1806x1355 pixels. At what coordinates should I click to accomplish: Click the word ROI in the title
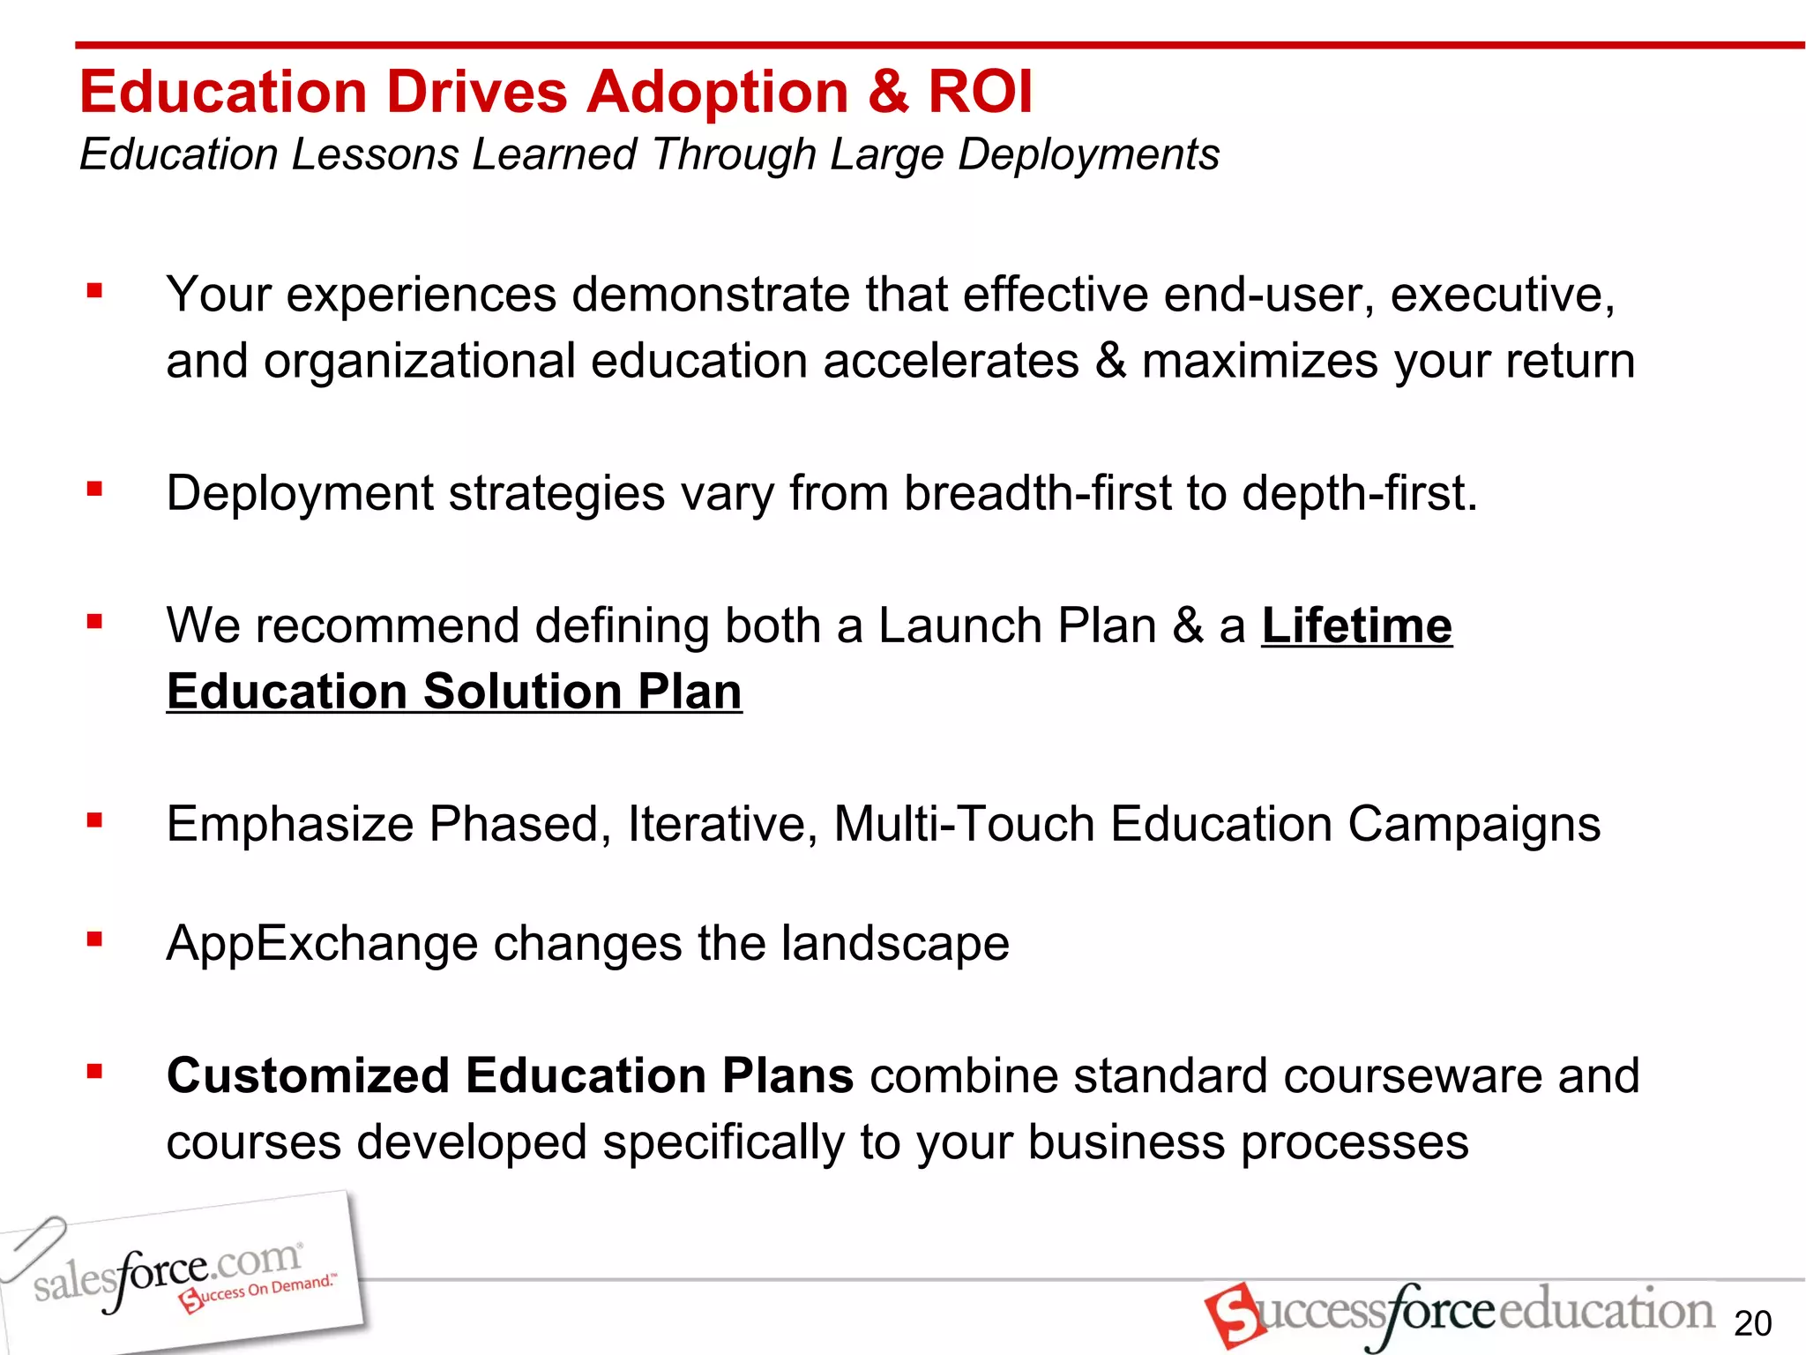pyautogui.click(x=979, y=93)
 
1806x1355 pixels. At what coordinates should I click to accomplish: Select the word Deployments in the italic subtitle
pyautogui.click(x=1088, y=154)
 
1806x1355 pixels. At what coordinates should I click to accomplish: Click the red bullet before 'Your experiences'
pyautogui.click(x=95, y=290)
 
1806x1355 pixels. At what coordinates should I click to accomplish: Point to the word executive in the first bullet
pyautogui.click(x=1502, y=295)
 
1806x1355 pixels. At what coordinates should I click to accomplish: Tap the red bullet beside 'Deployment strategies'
pyautogui.click(x=95, y=488)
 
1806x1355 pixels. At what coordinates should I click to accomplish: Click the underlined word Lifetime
pyautogui.click(x=1356, y=626)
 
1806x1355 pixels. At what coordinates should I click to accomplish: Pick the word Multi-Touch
pyautogui.click(x=963, y=825)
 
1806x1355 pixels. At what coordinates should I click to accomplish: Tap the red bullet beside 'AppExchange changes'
pyautogui.click(x=95, y=940)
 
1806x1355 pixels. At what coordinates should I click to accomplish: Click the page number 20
pyautogui.click(x=1752, y=1324)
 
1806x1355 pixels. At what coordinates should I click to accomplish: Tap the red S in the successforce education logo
pyautogui.click(x=1233, y=1314)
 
